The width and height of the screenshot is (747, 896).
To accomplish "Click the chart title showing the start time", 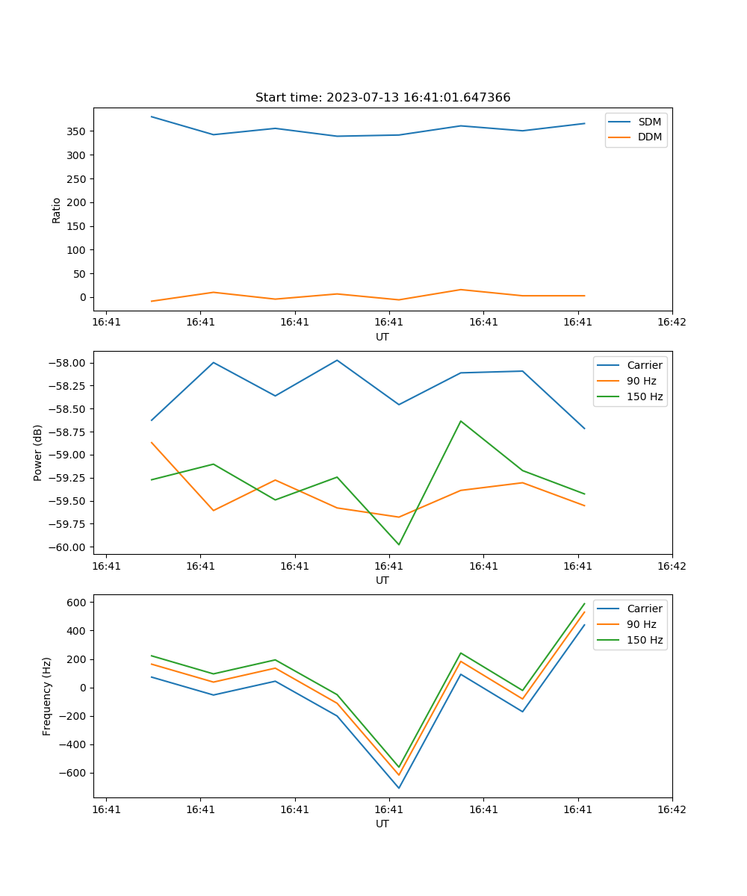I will [x=382, y=98].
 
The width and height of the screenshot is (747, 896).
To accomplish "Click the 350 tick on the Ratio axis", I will [x=77, y=131].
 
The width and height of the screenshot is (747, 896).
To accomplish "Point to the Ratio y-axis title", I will [x=57, y=210].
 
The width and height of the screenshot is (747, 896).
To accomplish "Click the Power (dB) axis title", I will [x=38, y=452].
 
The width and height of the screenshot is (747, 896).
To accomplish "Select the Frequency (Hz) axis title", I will [x=47, y=696].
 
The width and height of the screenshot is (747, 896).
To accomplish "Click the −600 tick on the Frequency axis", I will [x=74, y=774].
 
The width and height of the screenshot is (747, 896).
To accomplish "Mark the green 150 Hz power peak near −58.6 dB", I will [x=461, y=421].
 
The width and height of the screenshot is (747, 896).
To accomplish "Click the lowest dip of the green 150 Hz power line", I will [x=399, y=544].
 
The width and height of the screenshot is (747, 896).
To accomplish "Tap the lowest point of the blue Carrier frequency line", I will [x=399, y=788].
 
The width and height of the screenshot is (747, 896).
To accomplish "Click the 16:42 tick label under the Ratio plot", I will [x=672, y=323].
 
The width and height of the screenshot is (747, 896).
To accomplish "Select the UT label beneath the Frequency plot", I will [x=382, y=824].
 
